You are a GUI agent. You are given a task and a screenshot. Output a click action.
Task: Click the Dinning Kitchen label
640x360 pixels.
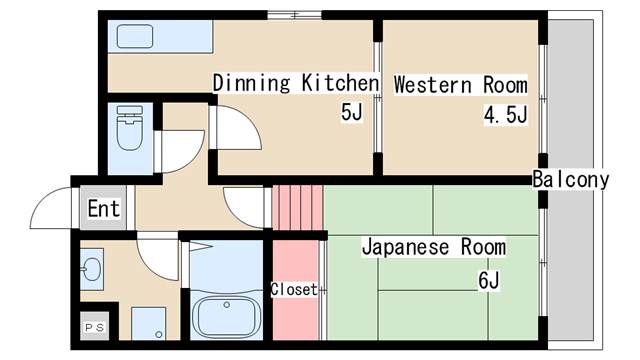[296, 83]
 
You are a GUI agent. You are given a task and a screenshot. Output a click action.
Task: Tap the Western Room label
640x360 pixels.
[459, 84]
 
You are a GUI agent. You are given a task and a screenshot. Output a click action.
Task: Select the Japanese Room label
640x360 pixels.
[433, 246]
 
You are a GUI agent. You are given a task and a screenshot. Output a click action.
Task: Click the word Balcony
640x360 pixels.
[570, 180]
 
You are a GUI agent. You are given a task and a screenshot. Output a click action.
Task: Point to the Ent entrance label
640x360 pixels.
[104, 209]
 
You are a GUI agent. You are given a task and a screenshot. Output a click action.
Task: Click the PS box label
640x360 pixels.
[93, 326]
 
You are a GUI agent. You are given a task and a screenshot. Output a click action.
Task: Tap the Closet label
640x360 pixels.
[294, 290]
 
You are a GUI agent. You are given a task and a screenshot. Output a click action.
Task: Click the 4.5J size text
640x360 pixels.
[505, 115]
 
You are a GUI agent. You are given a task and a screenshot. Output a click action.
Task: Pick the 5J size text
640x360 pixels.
[351, 113]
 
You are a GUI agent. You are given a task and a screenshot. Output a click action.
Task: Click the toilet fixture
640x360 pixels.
[130, 129]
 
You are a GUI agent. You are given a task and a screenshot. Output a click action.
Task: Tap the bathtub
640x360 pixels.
[226, 316]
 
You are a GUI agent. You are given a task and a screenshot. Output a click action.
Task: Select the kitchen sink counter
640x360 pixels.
[160, 38]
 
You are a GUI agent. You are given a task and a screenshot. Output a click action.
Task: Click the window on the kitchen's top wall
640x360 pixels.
[294, 13]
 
